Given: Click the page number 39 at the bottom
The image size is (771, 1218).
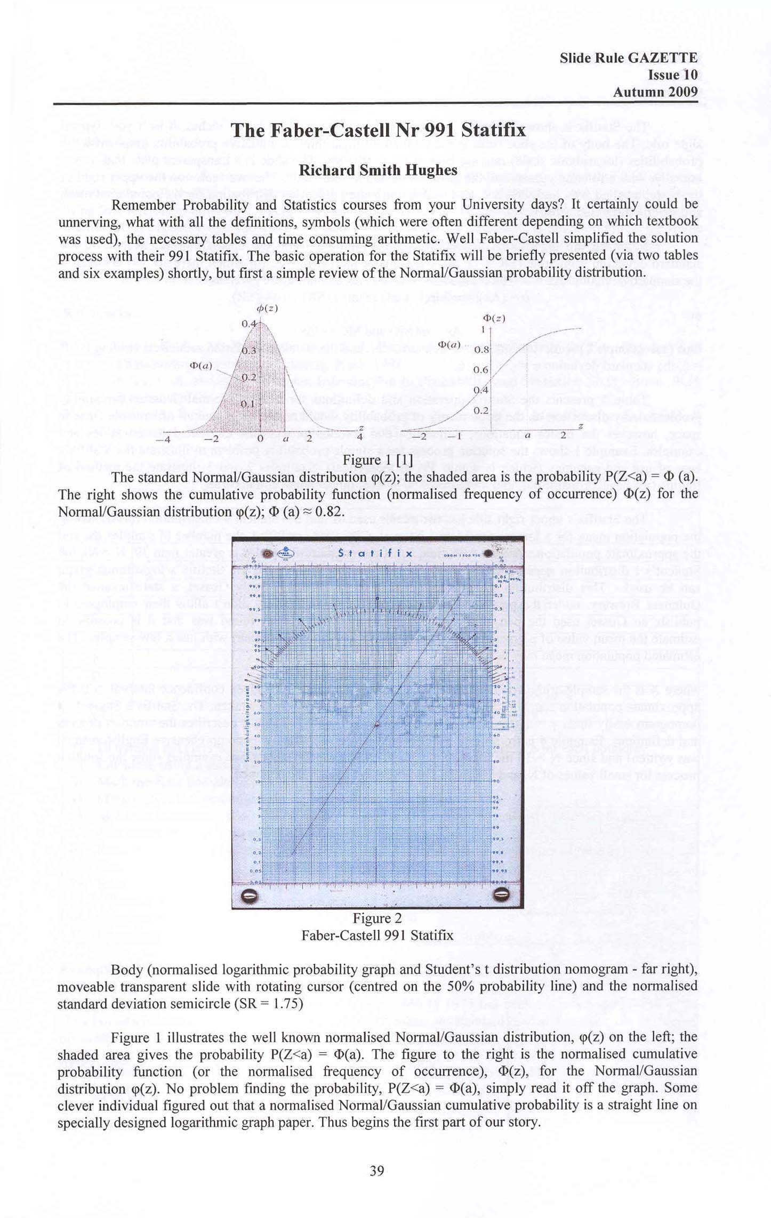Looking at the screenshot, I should pyautogui.click(x=377, y=1171).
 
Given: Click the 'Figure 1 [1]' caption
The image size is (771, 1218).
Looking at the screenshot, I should pyautogui.click(x=377, y=459).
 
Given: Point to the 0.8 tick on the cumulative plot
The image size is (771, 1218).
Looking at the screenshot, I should pyautogui.click(x=481, y=350).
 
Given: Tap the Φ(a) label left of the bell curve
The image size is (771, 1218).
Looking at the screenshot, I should pyautogui.click(x=201, y=366).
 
